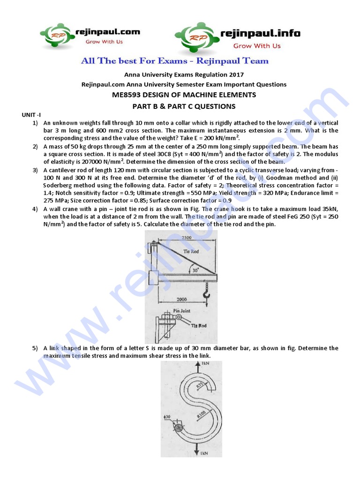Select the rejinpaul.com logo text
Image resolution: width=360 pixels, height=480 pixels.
pyautogui.click(x=108, y=32)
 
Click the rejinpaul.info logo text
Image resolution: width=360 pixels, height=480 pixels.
pyautogui.click(x=260, y=33)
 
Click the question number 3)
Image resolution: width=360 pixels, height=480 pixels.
pyautogui.click(x=35, y=170)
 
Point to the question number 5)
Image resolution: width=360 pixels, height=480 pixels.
pyautogui.click(x=35, y=348)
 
